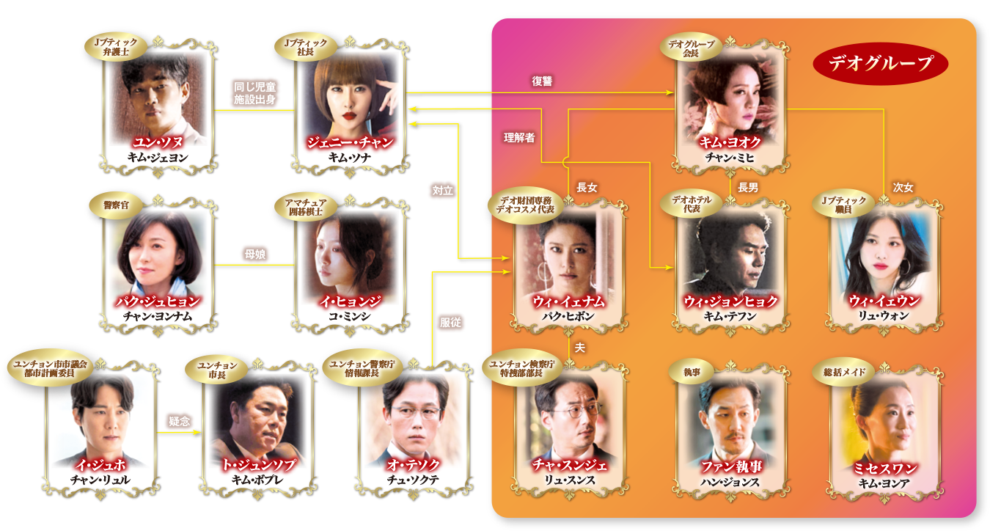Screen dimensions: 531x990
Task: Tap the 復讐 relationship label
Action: (542, 81)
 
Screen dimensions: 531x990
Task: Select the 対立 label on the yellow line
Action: (443, 190)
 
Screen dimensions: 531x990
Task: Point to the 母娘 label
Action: (254, 254)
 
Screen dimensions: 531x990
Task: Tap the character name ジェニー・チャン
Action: (351, 142)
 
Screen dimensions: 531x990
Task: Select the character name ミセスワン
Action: (884, 467)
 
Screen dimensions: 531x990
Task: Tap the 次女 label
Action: (903, 188)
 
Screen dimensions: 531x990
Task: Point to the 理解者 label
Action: (518, 137)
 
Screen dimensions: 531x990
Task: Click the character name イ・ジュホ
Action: (100, 465)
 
